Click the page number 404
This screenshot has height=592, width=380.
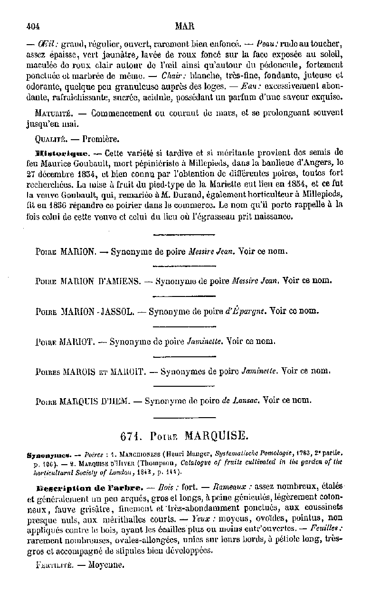(33, 27)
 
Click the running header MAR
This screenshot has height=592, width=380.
(182, 27)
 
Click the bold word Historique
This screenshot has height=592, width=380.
(62, 153)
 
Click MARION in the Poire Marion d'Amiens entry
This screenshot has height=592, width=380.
(78, 281)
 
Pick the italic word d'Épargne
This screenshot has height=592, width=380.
(245, 312)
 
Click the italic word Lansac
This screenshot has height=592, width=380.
(246, 401)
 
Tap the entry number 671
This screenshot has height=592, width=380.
(130, 436)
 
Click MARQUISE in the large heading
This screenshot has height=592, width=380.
(215, 436)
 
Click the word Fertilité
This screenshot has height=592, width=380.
(53, 565)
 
